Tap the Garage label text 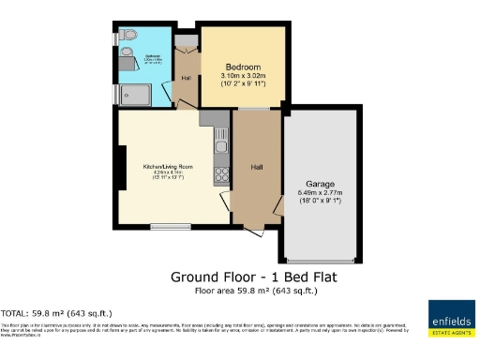(x=321, y=184)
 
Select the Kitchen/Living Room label (x=168, y=165)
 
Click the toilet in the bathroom (x=128, y=37)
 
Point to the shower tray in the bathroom (x=134, y=92)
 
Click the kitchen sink (x=222, y=146)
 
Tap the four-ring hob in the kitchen (x=223, y=172)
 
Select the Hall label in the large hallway (x=256, y=168)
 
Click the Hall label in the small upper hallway (x=186, y=77)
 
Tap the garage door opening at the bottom (x=321, y=261)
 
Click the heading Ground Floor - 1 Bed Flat (x=252, y=277)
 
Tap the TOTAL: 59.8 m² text (x=56, y=312)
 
